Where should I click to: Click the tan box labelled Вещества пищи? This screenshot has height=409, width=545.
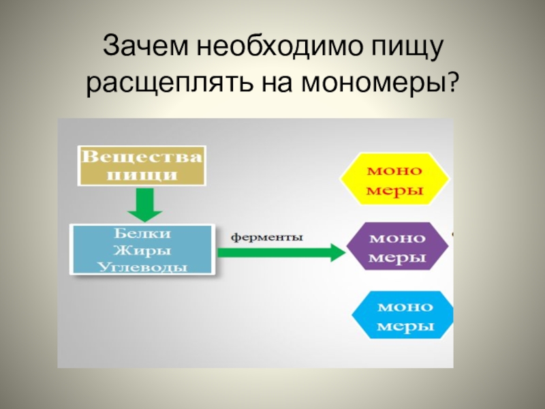point(142,165)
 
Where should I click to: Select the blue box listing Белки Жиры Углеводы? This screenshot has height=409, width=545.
point(142,249)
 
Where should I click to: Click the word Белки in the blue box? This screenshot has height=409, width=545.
point(142,233)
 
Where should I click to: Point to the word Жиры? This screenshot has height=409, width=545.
point(142,249)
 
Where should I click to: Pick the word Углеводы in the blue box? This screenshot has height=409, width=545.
point(142,265)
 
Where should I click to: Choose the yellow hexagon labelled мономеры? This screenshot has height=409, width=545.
point(395,179)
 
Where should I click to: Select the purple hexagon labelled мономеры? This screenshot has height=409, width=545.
point(397,248)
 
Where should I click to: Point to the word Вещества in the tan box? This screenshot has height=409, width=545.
point(142,157)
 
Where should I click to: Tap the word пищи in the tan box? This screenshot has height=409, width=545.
point(142,174)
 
